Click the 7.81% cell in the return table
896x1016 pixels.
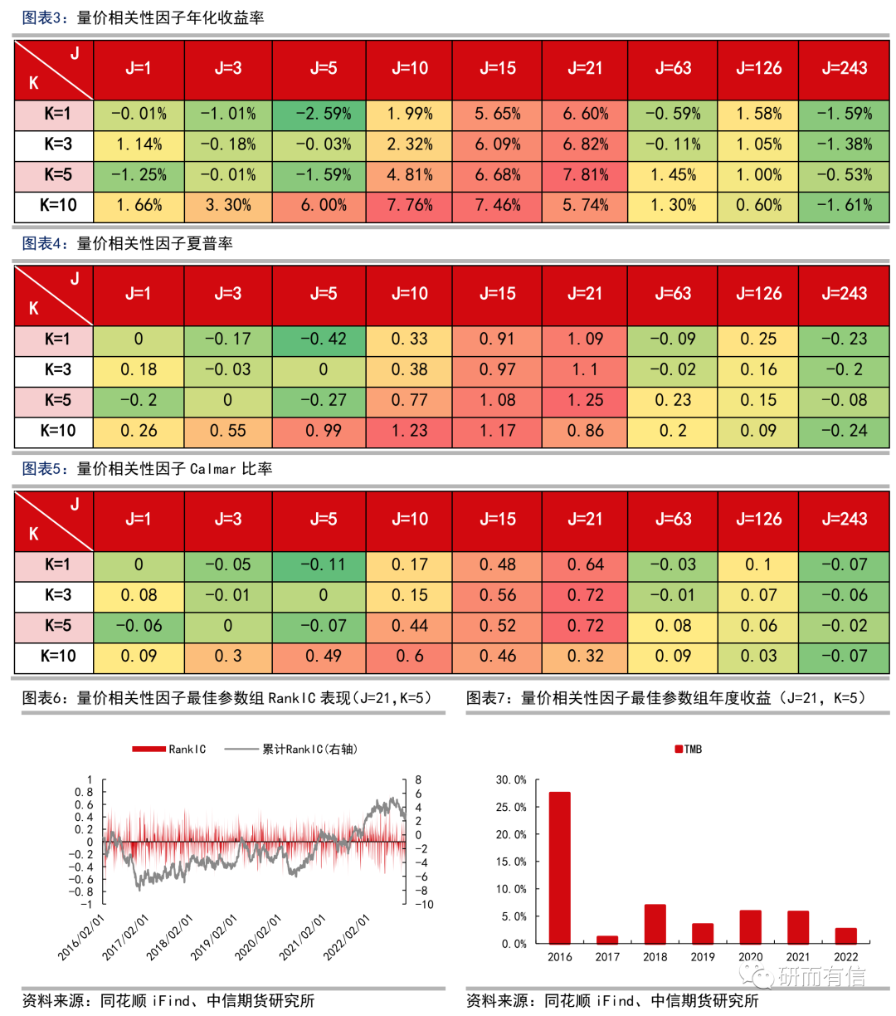click(x=585, y=175)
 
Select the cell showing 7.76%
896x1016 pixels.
click(x=410, y=205)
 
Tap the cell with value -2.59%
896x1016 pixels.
click(x=324, y=114)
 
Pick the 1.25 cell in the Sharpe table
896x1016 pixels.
click(x=585, y=400)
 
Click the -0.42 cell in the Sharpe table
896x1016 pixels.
click(x=324, y=339)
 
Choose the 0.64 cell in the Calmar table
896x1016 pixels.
click(x=585, y=564)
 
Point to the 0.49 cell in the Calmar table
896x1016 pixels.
click(x=324, y=656)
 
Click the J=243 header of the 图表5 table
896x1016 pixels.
click(x=844, y=520)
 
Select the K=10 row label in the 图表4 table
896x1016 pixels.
click(x=57, y=431)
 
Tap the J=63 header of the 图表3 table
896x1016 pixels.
click(x=673, y=68)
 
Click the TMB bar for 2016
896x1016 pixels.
click(x=560, y=867)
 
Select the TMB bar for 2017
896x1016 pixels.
click(x=607, y=940)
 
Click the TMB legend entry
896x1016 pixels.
click(x=689, y=750)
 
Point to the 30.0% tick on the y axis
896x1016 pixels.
click(x=511, y=780)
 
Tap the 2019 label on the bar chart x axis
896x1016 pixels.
click(x=703, y=957)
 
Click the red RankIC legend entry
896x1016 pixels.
click(x=169, y=750)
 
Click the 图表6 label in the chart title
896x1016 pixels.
click(x=46, y=698)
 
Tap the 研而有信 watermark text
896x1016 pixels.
click(x=821, y=978)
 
